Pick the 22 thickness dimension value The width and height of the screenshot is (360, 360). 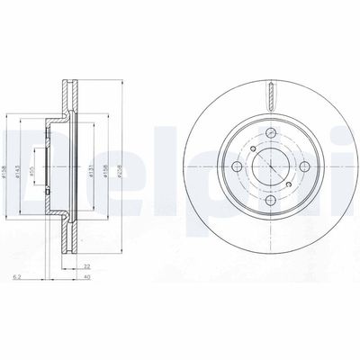pyautogui.click(x=87, y=266)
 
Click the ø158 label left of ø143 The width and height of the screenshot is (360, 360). pyautogui.click(x=7, y=165)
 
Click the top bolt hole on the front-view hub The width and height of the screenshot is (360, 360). pyautogui.click(x=267, y=132)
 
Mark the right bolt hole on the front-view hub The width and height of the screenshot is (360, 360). pyautogui.click(x=301, y=166)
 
